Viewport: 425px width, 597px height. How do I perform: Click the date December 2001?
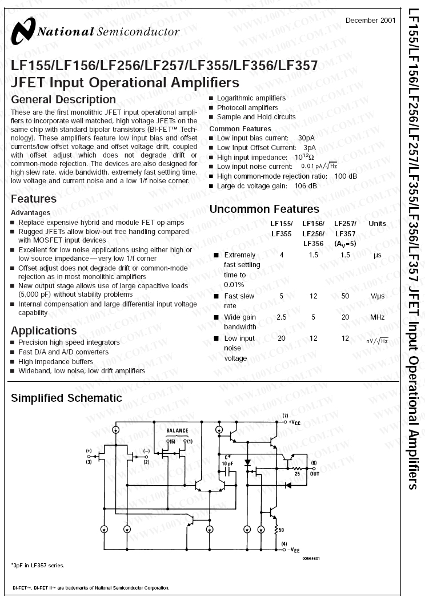click(370, 21)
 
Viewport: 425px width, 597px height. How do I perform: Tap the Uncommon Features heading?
click(264, 209)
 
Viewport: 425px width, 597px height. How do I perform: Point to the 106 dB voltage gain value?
click(305, 186)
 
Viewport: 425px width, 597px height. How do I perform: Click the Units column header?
click(377, 224)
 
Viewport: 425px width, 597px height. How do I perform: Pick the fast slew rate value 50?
click(345, 296)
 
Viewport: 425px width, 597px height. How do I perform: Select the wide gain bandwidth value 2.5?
click(281, 317)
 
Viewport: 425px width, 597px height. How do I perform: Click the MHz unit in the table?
click(377, 317)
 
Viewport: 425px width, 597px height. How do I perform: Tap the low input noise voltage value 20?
click(281, 338)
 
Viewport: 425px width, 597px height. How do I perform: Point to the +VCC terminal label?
click(292, 422)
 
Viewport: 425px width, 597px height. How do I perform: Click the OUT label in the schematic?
click(314, 474)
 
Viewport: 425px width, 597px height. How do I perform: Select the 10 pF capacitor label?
click(227, 464)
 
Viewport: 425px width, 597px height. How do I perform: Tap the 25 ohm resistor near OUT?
click(297, 467)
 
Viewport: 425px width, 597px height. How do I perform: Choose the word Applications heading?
click(43, 330)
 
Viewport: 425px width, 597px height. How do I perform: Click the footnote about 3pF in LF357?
click(38, 565)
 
